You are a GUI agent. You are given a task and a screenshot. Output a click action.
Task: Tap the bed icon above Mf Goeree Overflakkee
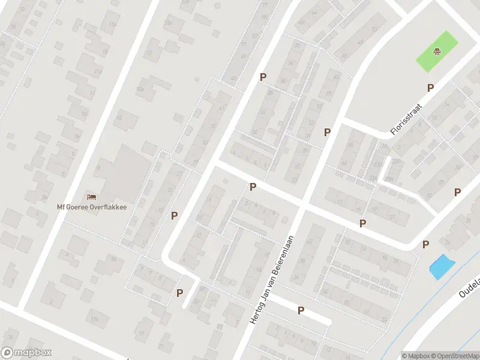(x=92, y=196)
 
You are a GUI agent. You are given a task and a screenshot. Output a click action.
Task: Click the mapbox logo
(x=26, y=353)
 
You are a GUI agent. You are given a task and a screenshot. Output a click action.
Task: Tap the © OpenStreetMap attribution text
(x=457, y=356)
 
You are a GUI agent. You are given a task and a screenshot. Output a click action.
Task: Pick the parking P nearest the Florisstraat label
(x=430, y=88)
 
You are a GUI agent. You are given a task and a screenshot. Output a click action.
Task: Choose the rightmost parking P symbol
(x=457, y=192)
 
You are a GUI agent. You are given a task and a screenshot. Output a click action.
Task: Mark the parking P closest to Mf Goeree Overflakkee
(x=175, y=215)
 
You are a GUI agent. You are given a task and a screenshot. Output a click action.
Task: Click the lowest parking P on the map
(x=301, y=310)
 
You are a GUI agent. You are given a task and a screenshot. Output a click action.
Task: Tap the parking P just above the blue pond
(x=426, y=244)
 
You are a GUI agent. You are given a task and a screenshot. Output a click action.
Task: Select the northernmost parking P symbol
(x=262, y=77)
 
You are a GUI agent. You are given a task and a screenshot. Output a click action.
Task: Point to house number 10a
(x=140, y=89)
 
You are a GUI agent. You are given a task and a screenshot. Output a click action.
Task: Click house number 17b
(x=94, y=319)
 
